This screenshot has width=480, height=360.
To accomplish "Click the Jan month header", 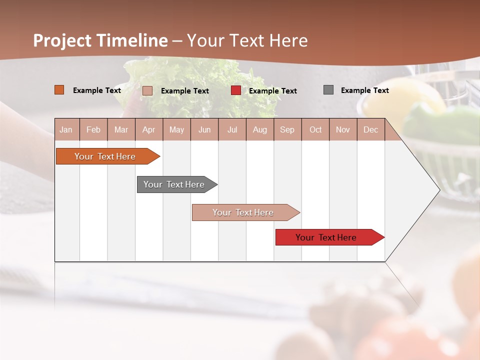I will tap(66, 129).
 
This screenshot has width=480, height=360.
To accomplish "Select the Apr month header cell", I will tap(148, 129).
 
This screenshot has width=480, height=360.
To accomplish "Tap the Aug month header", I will tap(259, 129).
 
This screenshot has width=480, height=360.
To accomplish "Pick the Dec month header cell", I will tap(370, 129).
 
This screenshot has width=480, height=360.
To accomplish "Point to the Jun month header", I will tap(204, 129).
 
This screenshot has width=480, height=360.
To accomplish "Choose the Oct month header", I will tap(315, 129).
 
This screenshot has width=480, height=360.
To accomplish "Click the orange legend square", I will tap(59, 90).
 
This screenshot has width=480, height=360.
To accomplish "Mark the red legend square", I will tap(236, 90).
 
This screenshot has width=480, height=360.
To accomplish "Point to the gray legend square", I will tap(328, 90).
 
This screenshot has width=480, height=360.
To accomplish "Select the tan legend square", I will tap(147, 90).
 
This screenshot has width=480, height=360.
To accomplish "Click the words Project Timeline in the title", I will tap(100, 40).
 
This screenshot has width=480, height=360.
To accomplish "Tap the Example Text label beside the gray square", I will tap(364, 90).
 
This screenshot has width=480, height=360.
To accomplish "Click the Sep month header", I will tap(287, 129).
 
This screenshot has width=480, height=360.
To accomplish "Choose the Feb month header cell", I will tap(93, 129).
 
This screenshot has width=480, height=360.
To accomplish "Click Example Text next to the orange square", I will tap(96, 90).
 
